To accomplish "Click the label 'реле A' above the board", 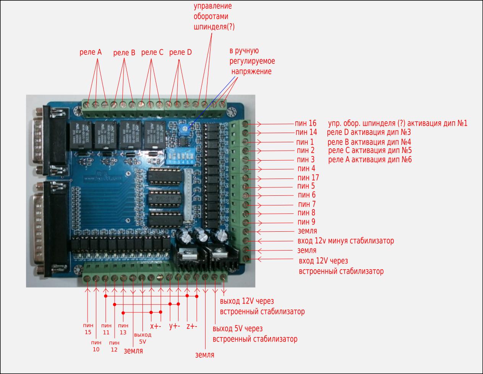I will pos(91,52).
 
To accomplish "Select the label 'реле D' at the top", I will pos(180,52).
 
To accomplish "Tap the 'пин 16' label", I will pos(306,123).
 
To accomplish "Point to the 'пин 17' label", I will pos(308,177).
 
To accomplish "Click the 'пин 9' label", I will pos(306,222).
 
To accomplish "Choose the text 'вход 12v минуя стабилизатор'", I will pos(345,241).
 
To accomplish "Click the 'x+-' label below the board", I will pos(156,326).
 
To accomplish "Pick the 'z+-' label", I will pos(191,326).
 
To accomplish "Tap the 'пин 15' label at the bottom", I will pos(88,328).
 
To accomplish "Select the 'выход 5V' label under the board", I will pos(143,338).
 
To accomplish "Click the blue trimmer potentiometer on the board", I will pos(184,130).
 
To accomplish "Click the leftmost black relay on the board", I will pos(80,135).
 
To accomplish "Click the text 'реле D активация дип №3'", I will pos(369,132).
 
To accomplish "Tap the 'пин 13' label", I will pos(123,328).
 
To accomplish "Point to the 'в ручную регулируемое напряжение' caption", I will pos(252,61).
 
